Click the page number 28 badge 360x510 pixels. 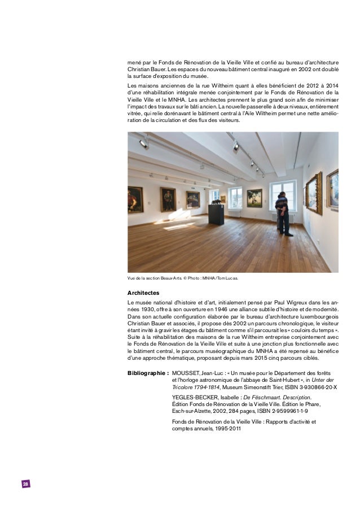click(25, 485)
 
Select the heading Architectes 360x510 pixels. click(143, 293)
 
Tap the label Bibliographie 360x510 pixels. click(147, 373)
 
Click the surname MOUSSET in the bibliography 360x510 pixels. click(186, 373)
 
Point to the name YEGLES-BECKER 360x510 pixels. click(197, 398)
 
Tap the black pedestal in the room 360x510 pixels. click(216, 215)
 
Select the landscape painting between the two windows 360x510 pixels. click(254, 198)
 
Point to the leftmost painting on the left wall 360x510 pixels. click(135, 199)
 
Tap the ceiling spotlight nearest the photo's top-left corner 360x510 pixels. click(143, 144)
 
